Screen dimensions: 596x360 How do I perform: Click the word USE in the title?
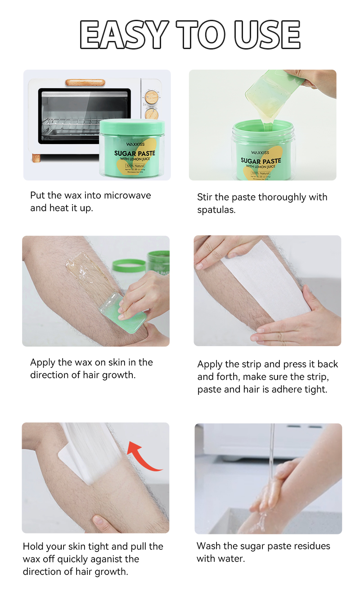pos(267,35)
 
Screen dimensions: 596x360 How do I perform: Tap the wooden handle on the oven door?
pos(85,82)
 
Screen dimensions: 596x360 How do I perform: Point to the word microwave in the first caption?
pos(127,195)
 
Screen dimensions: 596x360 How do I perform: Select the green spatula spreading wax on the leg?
pos(123,311)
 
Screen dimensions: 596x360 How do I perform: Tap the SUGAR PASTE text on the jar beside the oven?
pos(135,153)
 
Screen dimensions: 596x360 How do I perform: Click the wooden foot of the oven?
pos(36,158)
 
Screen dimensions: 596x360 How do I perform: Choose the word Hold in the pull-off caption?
pos(33,546)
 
